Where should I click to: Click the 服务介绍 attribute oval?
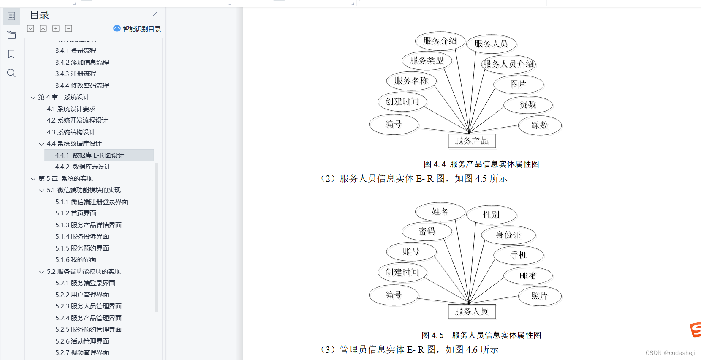point(440,41)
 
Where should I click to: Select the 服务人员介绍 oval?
point(508,64)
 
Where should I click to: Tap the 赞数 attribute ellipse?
point(527,105)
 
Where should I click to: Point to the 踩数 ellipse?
point(539,125)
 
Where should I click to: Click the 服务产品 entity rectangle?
point(471,141)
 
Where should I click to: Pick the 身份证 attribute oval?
point(508,235)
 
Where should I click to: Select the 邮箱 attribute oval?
point(527,275)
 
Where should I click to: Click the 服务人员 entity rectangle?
point(471,311)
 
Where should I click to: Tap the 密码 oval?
point(427,231)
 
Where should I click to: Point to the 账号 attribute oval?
point(411,251)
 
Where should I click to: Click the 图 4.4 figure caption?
point(481,164)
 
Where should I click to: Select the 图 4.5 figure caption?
point(481,335)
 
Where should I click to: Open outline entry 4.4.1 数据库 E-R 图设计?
point(90,155)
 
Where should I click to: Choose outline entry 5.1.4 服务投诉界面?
point(82,237)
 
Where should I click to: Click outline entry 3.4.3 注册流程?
point(76,74)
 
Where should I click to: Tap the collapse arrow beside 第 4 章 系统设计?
point(33,98)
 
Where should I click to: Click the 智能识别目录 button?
point(137,29)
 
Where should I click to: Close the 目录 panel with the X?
point(155,14)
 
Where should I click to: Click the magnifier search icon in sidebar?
point(11,73)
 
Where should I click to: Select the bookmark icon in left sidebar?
point(11,54)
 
